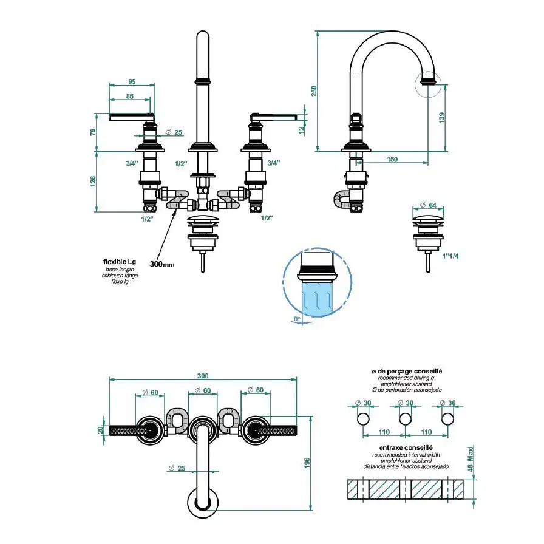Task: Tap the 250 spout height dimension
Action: click(x=314, y=90)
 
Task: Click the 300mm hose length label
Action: click(x=161, y=264)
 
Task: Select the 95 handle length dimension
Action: click(x=131, y=81)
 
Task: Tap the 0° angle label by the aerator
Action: click(x=296, y=319)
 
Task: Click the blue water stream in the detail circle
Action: click(x=317, y=299)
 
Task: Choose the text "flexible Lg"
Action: click(x=120, y=262)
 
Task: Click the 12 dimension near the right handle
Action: click(x=301, y=128)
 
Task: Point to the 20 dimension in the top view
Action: click(x=101, y=430)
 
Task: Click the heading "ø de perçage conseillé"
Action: click(x=407, y=371)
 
